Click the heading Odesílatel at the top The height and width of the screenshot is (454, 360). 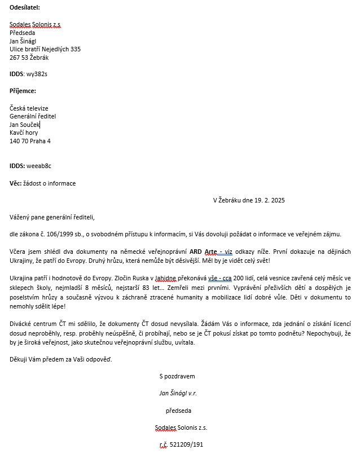pyautogui.click(x=25, y=7)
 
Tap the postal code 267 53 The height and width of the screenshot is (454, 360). pyautogui.click(x=18, y=58)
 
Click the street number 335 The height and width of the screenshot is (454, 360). pyautogui.click(x=76, y=49)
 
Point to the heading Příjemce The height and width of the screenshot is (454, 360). pyautogui.click(x=23, y=91)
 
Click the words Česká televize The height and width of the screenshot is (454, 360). pyautogui.click(x=29, y=108)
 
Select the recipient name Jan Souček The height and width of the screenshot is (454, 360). pyautogui.click(x=25, y=124)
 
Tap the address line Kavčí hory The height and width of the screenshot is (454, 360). pyautogui.click(x=24, y=133)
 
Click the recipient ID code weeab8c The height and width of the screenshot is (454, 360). pyautogui.click(x=39, y=166)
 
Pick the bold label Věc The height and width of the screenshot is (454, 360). pyautogui.click(x=16, y=183)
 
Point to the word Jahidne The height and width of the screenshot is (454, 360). pyautogui.click(x=168, y=279)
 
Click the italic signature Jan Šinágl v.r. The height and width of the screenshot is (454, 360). pyautogui.click(x=178, y=393)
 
